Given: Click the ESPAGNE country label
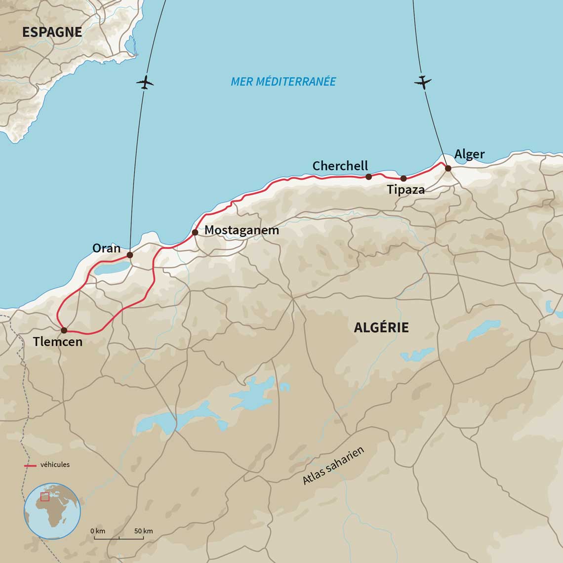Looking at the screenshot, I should [x=52, y=32].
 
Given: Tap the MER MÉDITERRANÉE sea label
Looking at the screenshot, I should [x=283, y=81].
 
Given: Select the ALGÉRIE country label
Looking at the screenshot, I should [x=381, y=327].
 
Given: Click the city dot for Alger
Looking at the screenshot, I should [x=448, y=168].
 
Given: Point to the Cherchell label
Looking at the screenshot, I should [x=340, y=166].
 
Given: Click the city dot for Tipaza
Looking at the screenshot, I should [x=403, y=178].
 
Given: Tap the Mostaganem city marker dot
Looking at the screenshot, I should [x=195, y=232].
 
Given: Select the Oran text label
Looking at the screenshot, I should [x=106, y=248].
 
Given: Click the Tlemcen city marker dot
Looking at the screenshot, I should [x=64, y=330].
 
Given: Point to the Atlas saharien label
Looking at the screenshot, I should [x=333, y=465].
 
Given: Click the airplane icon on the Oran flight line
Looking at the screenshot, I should [x=145, y=82].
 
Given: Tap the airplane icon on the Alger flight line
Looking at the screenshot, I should [x=422, y=82].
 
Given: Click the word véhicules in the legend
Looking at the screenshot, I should [x=55, y=465].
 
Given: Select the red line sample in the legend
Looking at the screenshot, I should [x=31, y=466].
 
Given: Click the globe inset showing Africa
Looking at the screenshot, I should [x=52, y=511].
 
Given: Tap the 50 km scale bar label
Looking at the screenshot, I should [x=144, y=531].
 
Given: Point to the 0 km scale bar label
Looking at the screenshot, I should [x=98, y=531].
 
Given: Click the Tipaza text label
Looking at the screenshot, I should [x=405, y=189].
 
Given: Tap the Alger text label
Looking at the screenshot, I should [x=469, y=154].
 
